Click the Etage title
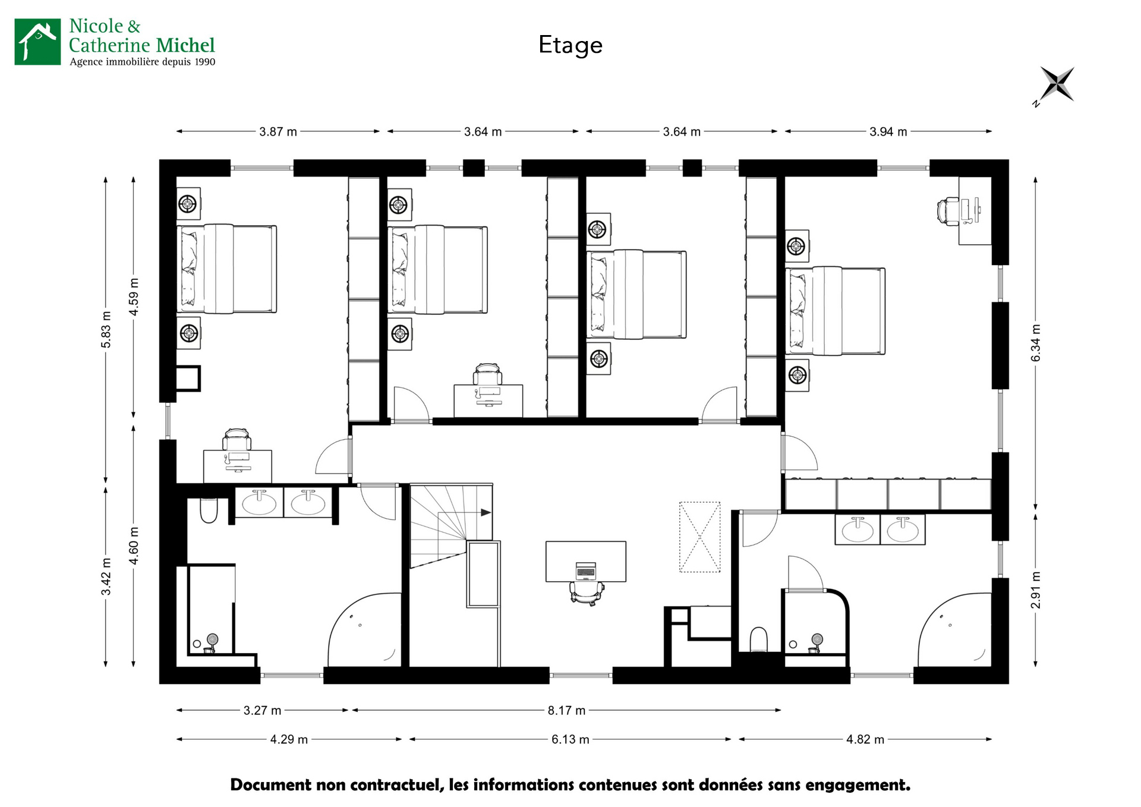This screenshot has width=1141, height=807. pyautogui.click(x=570, y=46)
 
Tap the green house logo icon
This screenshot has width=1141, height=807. pyautogui.click(x=37, y=42)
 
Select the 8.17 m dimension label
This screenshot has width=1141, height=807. pyautogui.click(x=566, y=710)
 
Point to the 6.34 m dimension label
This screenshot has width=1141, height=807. pyautogui.click(x=1036, y=343)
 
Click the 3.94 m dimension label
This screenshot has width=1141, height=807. pyautogui.click(x=888, y=131)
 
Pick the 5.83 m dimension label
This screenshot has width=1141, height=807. pyautogui.click(x=106, y=330)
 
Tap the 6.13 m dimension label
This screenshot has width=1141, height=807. pyautogui.click(x=570, y=739)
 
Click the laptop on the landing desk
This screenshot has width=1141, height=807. pyautogui.click(x=586, y=571)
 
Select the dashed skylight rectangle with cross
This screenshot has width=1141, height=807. pyautogui.click(x=700, y=537)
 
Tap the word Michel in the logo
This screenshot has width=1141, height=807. pyautogui.click(x=185, y=45)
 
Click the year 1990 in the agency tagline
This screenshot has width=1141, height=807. pyautogui.click(x=205, y=62)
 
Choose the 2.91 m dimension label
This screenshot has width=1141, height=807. pyautogui.click(x=1036, y=590)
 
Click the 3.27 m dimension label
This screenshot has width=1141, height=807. pyautogui.click(x=263, y=710)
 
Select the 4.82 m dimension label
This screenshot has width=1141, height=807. pyautogui.click(x=865, y=739)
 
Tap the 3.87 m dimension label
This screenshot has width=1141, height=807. pyautogui.click(x=278, y=131)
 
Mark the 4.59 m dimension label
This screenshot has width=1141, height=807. pyautogui.click(x=134, y=297)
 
